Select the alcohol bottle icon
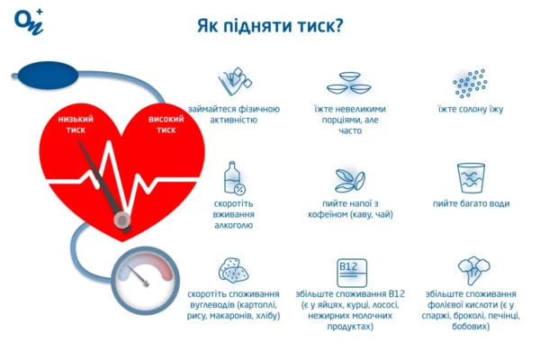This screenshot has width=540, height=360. coord(234,177)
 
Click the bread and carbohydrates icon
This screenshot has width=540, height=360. coord(234,270)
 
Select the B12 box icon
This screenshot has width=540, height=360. coord(348,270)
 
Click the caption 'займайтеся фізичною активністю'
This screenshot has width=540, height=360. coord(234,114)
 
